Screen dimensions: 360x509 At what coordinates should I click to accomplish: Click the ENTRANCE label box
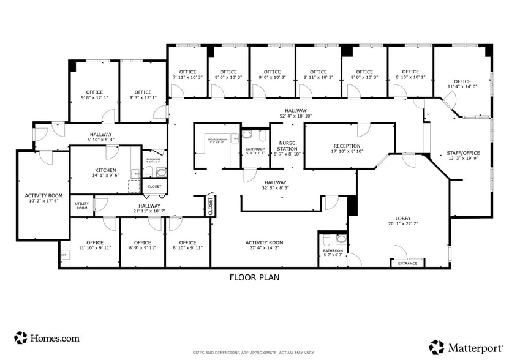(x=407, y=263)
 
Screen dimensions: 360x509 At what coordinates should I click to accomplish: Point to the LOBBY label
(x=403, y=218)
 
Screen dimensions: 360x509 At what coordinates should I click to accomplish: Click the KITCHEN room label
(x=105, y=170)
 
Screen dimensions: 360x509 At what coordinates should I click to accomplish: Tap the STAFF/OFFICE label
(x=463, y=153)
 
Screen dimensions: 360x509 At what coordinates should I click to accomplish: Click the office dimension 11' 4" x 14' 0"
(x=462, y=87)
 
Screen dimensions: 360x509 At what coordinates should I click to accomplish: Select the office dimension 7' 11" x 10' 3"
(x=187, y=78)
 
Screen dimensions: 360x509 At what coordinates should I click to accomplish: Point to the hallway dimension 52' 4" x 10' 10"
(x=295, y=116)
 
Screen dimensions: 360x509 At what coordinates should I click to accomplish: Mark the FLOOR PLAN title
(x=254, y=277)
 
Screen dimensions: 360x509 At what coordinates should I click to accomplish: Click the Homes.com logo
(x=47, y=337)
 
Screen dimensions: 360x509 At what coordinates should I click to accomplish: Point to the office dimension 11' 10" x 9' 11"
(x=95, y=248)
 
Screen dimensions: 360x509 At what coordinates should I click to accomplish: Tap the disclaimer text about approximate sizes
(x=254, y=353)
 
